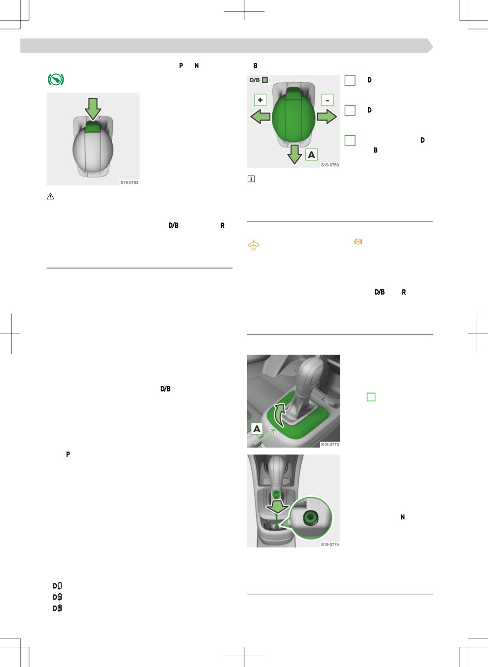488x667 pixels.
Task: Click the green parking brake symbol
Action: click(56, 80)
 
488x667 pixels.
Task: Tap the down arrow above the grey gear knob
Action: click(93, 109)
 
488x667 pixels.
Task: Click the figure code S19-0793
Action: click(129, 182)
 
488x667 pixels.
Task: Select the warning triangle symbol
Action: click(50, 196)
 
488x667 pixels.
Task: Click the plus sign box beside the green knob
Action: click(260, 100)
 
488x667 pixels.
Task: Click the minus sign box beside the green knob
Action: click(327, 100)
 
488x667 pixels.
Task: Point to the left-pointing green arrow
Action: click(260, 117)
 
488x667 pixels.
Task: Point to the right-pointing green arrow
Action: click(327, 117)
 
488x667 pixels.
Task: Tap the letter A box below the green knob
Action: click(312, 154)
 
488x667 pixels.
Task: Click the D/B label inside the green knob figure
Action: click(255, 80)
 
